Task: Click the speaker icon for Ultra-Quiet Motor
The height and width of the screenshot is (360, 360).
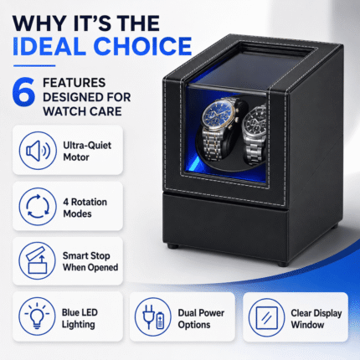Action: pyautogui.click(x=38, y=151)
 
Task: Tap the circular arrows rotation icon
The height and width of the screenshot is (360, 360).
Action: pyautogui.click(x=38, y=207)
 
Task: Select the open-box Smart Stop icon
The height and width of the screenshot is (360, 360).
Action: pyautogui.click(x=38, y=260)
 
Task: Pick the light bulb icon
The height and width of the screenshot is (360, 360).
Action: pyautogui.click(x=37, y=316)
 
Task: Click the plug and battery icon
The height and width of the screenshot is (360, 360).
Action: pyautogui.click(x=153, y=316)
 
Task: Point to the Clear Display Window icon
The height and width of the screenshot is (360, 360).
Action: pyautogui.click(x=267, y=317)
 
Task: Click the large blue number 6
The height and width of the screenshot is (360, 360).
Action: pyautogui.click(x=24, y=92)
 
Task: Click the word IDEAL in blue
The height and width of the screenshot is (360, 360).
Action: pyautogui.click(x=49, y=46)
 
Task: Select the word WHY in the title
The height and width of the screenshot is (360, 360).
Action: pyautogui.click(x=39, y=23)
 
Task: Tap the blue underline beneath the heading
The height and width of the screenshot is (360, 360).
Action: pyautogui.click(x=34, y=66)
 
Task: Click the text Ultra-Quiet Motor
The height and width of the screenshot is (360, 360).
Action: pyautogui.click(x=87, y=151)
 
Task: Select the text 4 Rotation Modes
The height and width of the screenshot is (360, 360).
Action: pyautogui.click(x=85, y=208)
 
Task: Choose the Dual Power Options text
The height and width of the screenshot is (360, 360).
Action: pyautogui.click(x=201, y=319)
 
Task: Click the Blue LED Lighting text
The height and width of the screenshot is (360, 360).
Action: pyautogui.click(x=80, y=318)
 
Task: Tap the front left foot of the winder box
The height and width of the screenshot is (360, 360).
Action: pyautogui.click(x=172, y=246)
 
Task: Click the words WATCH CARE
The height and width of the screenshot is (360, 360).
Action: pyautogui.click(x=82, y=111)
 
